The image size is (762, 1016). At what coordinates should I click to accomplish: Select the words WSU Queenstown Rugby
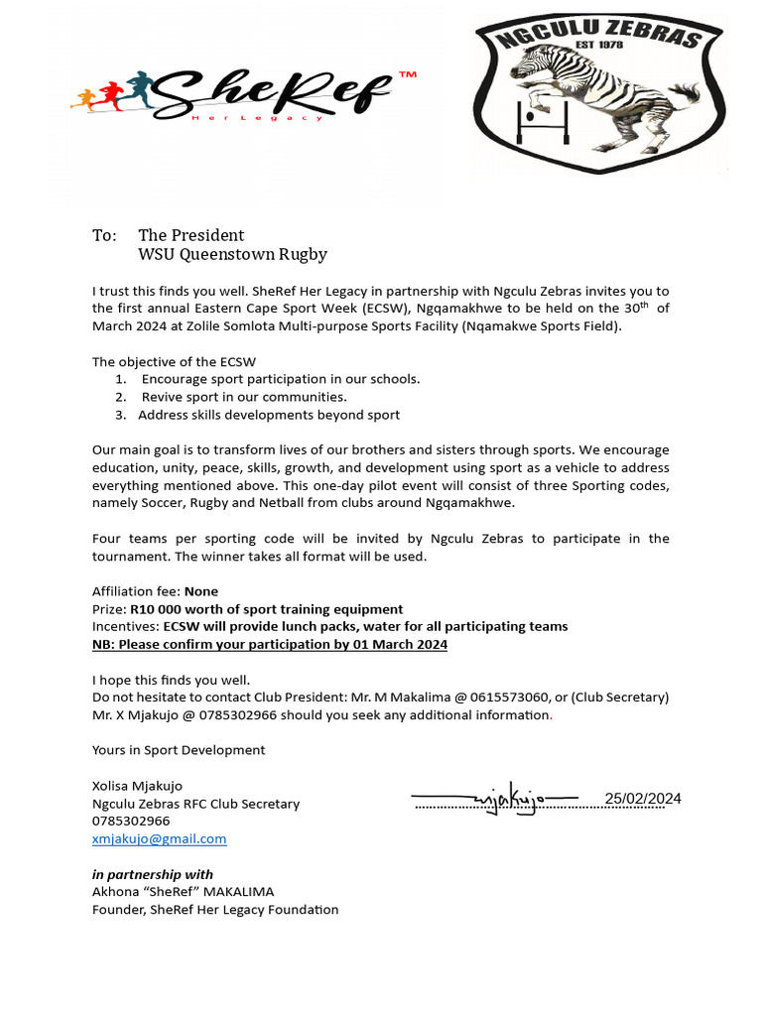232,255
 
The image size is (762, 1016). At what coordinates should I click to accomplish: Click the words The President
190,235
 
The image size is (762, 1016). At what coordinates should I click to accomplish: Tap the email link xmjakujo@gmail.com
159,838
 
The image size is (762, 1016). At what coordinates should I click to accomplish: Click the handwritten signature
494,801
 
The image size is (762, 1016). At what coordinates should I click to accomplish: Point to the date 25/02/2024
643,799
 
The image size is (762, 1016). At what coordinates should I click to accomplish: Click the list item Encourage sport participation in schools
281,379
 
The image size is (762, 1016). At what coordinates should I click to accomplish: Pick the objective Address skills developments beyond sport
269,415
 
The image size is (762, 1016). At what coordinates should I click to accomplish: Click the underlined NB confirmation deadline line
270,644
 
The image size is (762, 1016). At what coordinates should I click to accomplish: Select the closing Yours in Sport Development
179,750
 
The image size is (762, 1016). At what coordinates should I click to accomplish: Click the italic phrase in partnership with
152,874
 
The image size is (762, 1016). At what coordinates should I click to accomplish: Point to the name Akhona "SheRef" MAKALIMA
183,892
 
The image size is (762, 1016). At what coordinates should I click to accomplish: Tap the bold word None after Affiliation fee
201,591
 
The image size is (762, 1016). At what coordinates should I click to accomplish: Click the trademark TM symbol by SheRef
407,76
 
